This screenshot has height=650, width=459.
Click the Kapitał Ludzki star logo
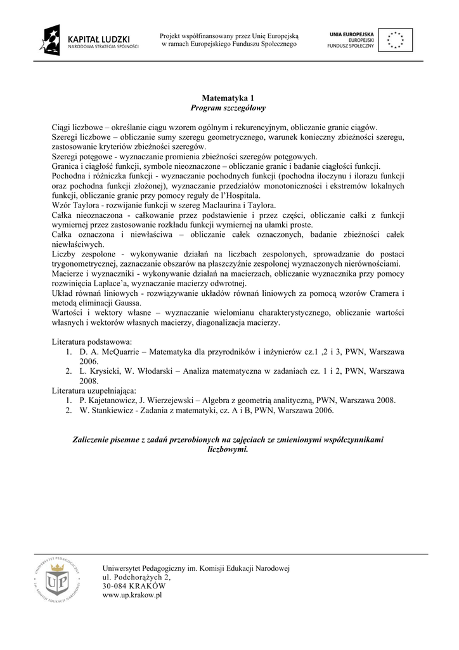(x=50, y=40)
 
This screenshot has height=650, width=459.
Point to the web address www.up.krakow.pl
(x=133, y=595)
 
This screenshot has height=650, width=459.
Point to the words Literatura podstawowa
(x=92, y=342)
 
